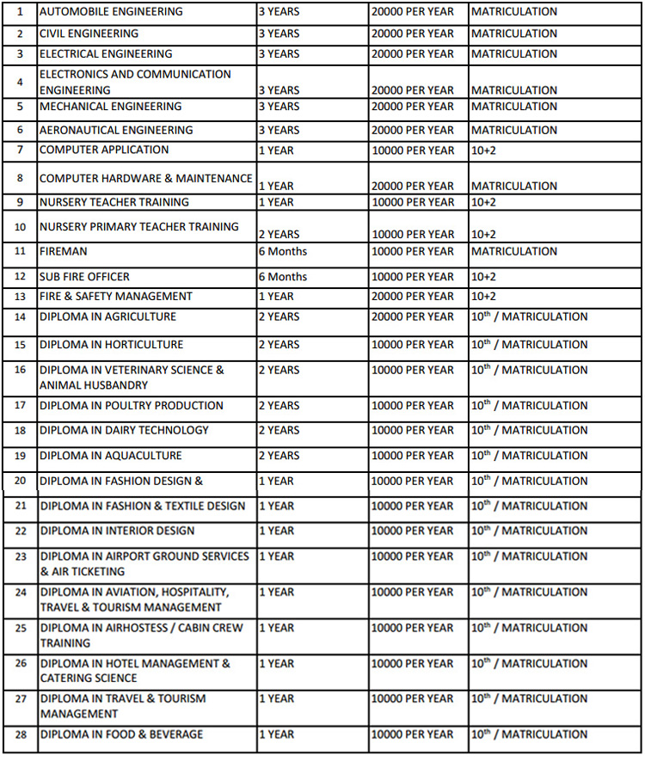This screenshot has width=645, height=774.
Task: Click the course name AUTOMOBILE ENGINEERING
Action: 111,12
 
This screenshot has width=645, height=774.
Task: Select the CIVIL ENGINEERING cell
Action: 89,34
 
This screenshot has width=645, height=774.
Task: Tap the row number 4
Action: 20,83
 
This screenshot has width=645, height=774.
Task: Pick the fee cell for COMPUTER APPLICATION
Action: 413,150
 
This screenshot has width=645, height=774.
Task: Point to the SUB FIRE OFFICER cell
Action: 84,277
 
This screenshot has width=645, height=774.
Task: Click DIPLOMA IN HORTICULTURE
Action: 111,344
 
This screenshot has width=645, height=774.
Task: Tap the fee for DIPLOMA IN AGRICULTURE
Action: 413,316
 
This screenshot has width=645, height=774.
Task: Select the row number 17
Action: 20,405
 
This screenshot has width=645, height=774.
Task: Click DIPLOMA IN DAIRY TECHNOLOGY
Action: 124,430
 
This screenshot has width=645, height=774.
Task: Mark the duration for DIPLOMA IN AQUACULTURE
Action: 279,455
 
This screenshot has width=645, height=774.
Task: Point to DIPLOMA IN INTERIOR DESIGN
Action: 118,531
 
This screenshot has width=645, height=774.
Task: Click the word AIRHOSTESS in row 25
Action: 134,628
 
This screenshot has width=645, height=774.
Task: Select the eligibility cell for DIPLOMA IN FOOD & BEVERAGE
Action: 529,734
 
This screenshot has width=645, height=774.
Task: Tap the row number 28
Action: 21,734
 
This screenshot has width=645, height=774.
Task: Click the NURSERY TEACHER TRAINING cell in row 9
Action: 114,202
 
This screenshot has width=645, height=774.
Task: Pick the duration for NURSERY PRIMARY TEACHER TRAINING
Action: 279,234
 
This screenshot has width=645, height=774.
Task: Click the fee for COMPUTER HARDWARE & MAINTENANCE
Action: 413,186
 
